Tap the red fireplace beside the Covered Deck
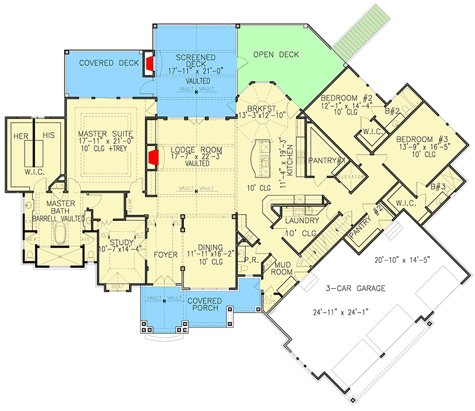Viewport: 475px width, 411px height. [149, 62]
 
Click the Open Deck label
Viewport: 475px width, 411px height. [275, 54]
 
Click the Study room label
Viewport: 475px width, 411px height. [122, 242]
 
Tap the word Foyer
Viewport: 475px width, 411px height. [165, 254]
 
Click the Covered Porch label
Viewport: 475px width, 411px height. [204, 301]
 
